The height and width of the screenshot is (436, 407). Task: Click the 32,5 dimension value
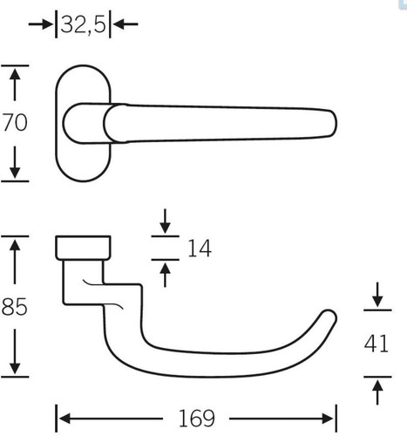click(x=83, y=24)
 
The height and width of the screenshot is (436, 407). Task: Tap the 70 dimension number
click(x=15, y=123)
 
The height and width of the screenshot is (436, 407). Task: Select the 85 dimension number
click(x=15, y=307)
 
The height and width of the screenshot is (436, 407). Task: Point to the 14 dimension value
click(x=200, y=249)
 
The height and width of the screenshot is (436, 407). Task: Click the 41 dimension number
click(x=376, y=344)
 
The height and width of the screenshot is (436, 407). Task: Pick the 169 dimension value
click(x=197, y=419)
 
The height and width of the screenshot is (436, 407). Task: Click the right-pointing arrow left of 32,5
click(x=41, y=24)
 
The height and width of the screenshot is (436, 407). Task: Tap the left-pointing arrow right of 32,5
click(x=125, y=24)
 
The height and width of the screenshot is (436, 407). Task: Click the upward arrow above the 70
click(x=15, y=84)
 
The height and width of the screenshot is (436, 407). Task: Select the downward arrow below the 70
click(x=15, y=162)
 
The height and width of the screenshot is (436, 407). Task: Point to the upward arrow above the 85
click(x=15, y=261)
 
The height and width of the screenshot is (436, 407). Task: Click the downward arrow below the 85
click(x=15, y=352)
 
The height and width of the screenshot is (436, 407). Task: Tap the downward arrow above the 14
click(x=165, y=221)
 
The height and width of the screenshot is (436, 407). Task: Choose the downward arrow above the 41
click(x=377, y=295)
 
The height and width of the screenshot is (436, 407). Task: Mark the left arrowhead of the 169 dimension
click(x=64, y=419)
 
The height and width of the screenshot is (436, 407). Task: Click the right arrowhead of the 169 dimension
click(x=328, y=419)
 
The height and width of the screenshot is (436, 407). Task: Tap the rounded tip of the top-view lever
click(x=334, y=123)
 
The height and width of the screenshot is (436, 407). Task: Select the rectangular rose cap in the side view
click(x=83, y=248)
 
